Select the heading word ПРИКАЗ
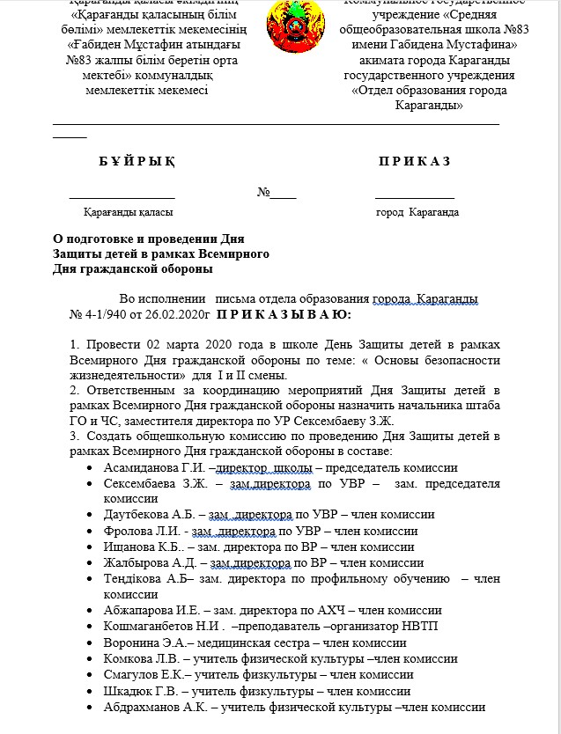coord(414,162)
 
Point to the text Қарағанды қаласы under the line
coord(128,213)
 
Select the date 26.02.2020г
coord(180,314)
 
